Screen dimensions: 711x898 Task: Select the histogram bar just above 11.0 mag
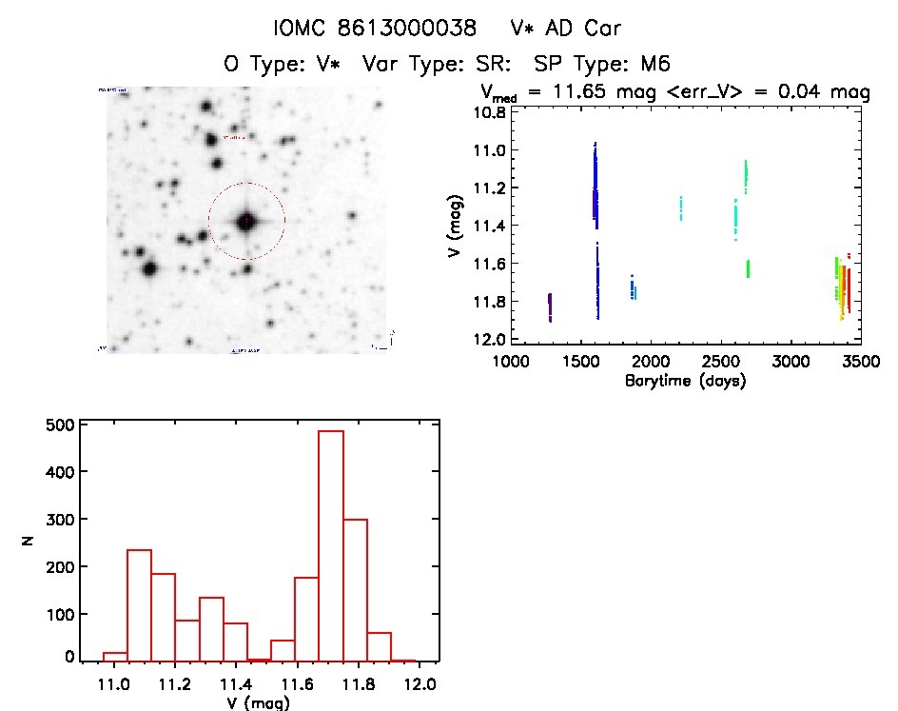139,605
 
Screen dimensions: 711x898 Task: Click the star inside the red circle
246,222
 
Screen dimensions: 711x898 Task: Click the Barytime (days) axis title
685,381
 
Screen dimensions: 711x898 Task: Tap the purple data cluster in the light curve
550,307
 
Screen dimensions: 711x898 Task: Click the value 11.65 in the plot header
590,92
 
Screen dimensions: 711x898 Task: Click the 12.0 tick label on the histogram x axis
420,683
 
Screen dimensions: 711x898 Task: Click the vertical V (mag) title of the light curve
458,225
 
